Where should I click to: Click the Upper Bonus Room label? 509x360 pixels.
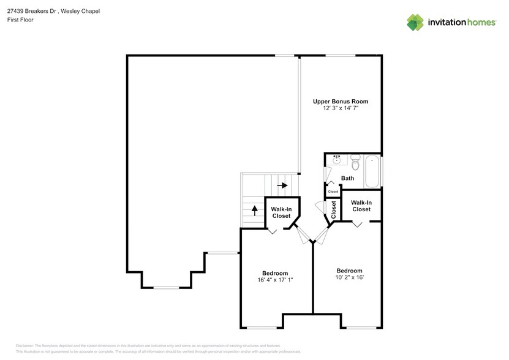pos(340,101)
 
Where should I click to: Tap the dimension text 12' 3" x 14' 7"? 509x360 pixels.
pos(340,108)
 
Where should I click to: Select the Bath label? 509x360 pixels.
pos(347,179)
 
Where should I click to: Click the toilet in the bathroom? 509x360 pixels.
pos(356,162)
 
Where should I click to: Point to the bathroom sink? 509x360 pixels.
pos(336,160)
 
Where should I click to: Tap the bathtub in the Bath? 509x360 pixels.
pos(372,173)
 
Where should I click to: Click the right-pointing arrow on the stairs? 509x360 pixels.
pos(282,184)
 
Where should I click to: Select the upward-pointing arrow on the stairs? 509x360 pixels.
pos(254,211)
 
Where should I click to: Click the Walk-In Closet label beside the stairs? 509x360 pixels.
pos(281,212)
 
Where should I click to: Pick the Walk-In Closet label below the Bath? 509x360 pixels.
pos(361,206)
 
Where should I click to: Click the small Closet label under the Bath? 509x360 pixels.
pos(333,192)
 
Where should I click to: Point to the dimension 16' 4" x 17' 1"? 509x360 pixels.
pos(275,280)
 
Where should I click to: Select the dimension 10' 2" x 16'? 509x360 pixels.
pos(349,277)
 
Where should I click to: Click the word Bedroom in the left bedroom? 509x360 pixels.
pos(275,273)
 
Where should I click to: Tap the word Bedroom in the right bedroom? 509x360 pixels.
pos(349,271)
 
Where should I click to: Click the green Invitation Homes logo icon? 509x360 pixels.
pos(416,22)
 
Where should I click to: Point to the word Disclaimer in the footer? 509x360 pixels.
pos(25,346)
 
